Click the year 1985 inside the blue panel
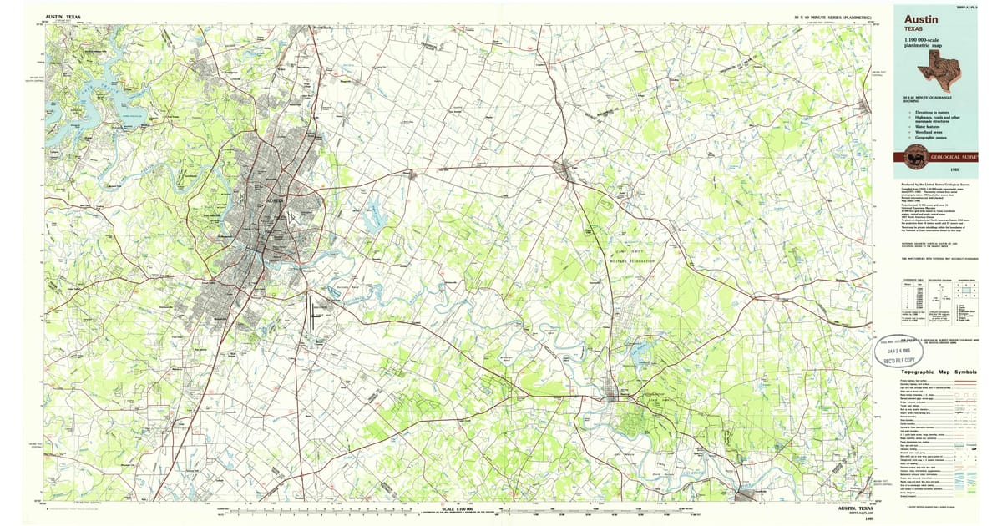(x=941, y=172)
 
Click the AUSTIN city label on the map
(x=273, y=202)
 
